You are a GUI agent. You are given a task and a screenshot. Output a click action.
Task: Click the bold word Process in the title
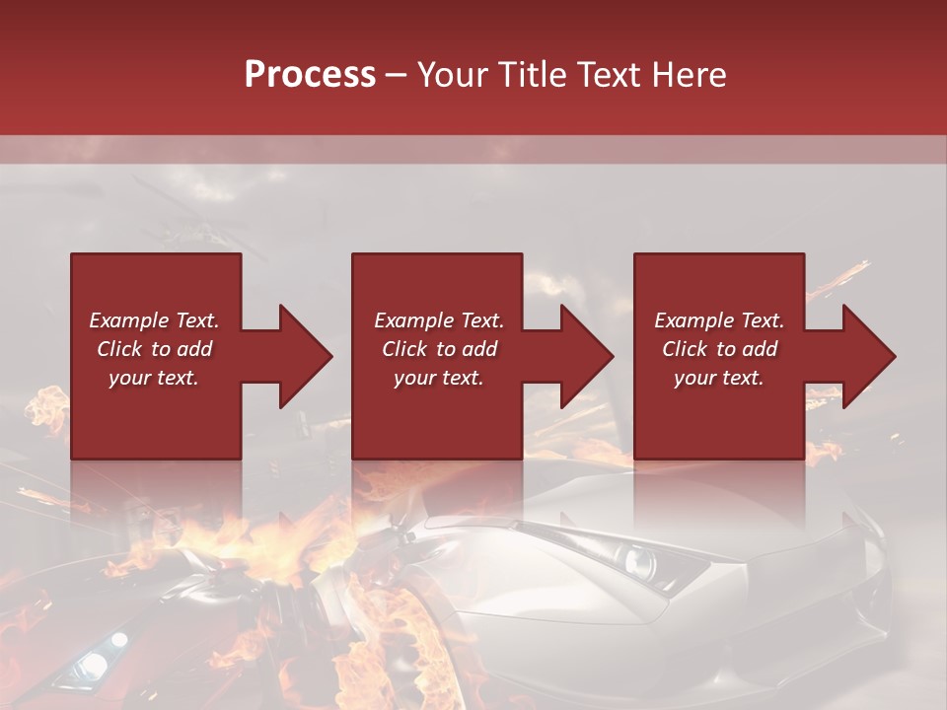tap(310, 75)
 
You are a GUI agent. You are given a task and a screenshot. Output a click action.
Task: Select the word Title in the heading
tap(534, 75)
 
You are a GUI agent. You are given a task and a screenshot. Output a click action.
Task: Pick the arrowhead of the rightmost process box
tap(869, 356)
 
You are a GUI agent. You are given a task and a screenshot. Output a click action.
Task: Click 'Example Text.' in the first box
tap(154, 320)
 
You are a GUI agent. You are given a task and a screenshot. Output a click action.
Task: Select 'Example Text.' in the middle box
tap(438, 320)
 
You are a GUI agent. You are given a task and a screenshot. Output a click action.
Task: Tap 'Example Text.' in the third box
tap(719, 320)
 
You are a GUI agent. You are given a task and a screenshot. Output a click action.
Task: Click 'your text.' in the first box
tap(154, 378)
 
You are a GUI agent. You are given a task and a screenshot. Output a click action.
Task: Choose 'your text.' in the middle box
tap(438, 378)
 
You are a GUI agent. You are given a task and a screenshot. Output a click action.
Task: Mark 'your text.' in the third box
tap(719, 378)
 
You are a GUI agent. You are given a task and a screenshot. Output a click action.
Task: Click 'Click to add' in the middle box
tap(438, 349)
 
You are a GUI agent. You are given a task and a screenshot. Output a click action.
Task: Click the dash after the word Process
tap(396, 76)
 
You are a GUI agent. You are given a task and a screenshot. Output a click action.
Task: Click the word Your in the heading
tap(455, 75)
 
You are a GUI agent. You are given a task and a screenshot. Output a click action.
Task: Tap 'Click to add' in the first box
tap(154, 349)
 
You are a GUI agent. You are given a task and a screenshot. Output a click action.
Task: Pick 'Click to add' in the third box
tap(719, 349)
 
